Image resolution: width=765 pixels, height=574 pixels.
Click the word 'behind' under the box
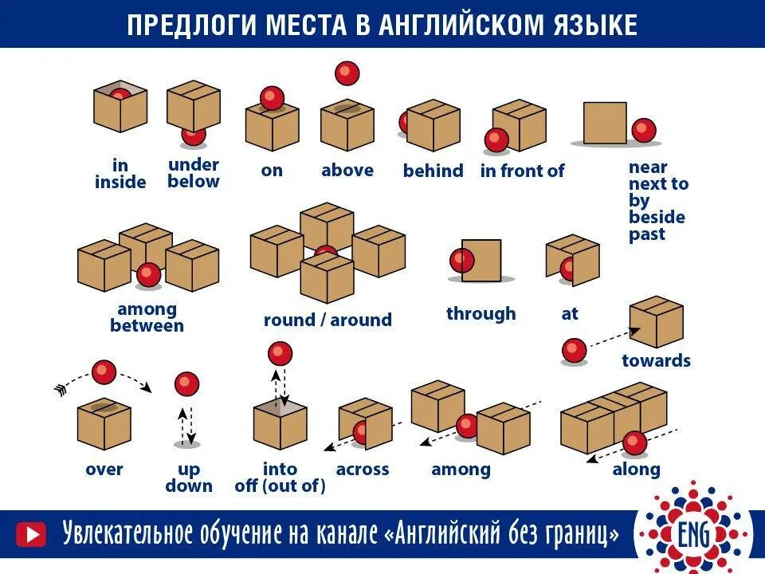point(433,171)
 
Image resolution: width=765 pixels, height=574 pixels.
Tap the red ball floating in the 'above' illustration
point(347,73)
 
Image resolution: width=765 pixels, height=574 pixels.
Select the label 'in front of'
point(522,171)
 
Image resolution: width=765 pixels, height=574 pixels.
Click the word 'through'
point(481,313)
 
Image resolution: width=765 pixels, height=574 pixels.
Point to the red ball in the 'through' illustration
point(461,261)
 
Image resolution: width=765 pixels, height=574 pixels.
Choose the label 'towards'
point(656,360)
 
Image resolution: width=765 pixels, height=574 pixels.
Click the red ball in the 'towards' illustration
point(574,350)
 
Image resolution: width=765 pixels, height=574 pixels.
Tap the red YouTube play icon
point(31,533)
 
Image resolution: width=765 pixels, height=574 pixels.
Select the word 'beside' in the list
point(657,217)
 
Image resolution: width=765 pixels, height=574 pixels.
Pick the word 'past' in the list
point(646,234)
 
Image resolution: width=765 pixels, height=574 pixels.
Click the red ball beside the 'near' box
point(643,130)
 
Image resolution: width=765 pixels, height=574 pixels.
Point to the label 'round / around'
point(328,320)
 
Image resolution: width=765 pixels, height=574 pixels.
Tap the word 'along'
point(636,469)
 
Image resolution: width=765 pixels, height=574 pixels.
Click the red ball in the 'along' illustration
point(634,442)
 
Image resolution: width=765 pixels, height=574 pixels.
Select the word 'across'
point(363,469)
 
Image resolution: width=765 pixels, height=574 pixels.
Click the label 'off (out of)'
point(280,486)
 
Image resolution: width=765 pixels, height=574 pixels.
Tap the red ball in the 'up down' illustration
point(187,383)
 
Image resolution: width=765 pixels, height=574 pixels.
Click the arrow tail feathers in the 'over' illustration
point(61,388)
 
